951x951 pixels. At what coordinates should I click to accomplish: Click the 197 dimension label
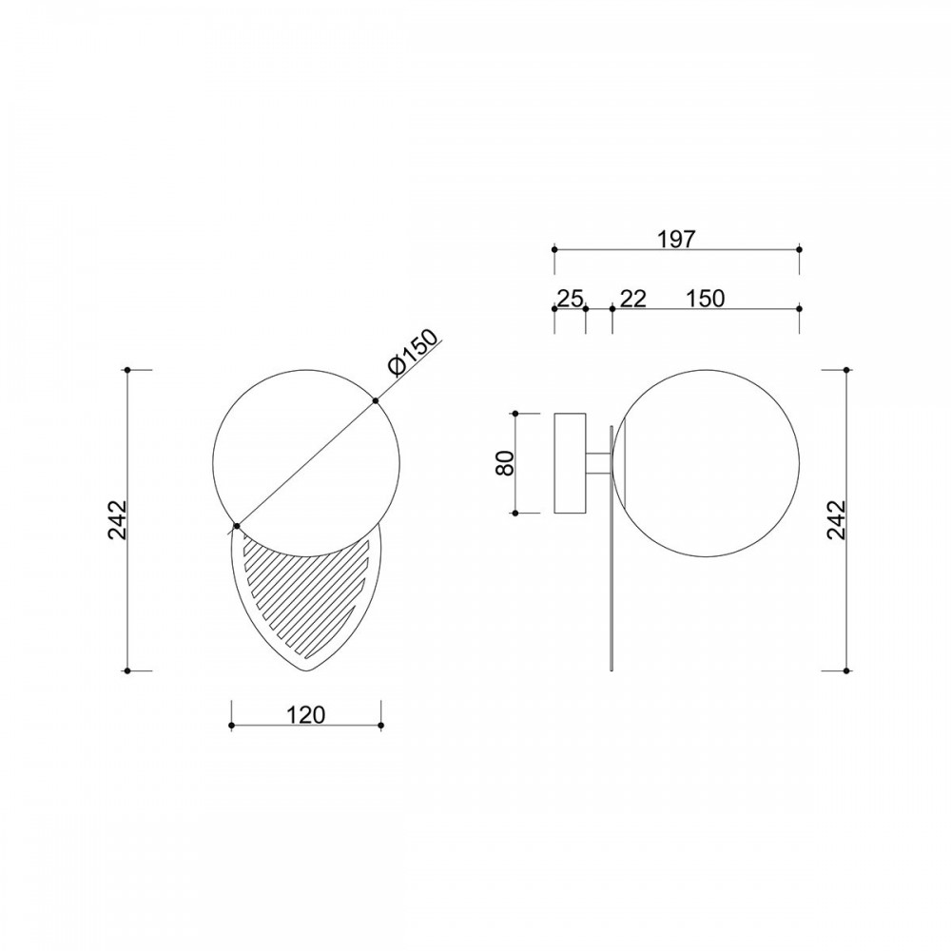pos(676,239)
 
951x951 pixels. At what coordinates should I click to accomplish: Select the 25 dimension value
pos(570,299)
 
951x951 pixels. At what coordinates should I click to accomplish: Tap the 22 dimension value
pos(633,299)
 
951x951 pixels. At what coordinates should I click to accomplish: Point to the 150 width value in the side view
pos(706,299)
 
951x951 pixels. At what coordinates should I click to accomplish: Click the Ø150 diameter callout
pos(412,353)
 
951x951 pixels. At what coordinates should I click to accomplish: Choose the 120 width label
pos(306,715)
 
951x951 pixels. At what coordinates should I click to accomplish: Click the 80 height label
pos(505,463)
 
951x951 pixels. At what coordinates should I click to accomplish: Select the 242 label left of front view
pos(117,520)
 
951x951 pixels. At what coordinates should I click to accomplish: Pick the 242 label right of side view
pos(835,520)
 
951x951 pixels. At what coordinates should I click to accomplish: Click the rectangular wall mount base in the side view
pos(570,463)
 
